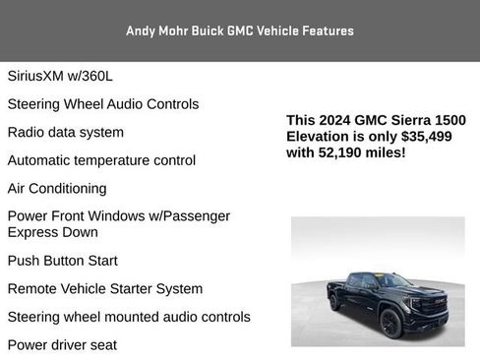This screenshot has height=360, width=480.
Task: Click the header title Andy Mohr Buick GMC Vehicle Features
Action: click(239, 30)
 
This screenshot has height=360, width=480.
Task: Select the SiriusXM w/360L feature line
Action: click(66, 76)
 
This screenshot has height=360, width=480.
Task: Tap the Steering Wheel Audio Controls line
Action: click(102, 104)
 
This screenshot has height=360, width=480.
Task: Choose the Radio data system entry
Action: click(65, 132)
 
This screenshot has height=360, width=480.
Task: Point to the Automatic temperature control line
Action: click(101, 160)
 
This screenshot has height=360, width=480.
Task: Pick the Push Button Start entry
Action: click(62, 261)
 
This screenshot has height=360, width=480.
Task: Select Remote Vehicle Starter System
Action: click(104, 289)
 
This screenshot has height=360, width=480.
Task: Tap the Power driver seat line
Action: click(62, 345)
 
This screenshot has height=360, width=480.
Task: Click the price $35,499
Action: click(426, 137)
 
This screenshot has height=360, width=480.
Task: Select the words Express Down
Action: click(53, 233)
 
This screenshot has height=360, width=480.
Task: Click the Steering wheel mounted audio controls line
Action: click(128, 317)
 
